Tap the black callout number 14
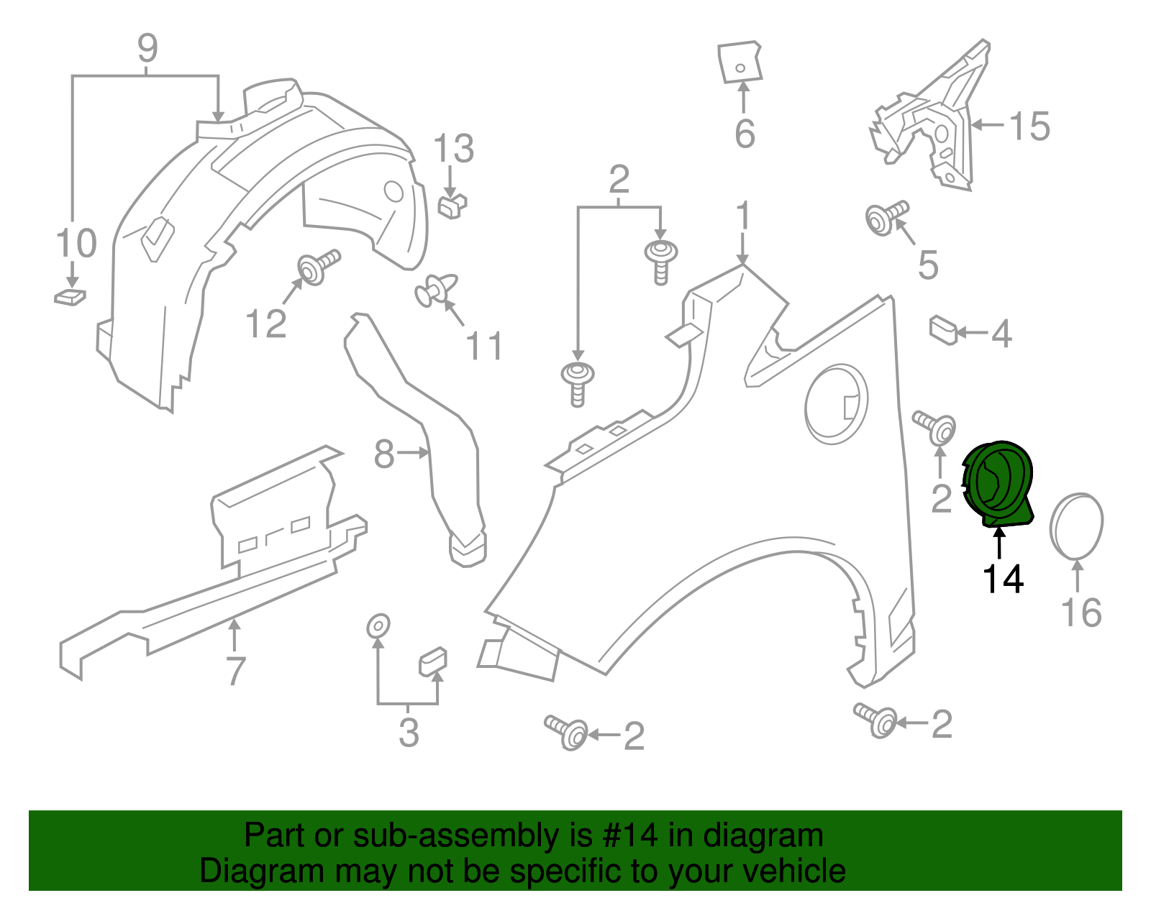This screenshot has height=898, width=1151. [1003, 579]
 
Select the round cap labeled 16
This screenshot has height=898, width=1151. [1077, 526]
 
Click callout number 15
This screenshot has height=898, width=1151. [1030, 127]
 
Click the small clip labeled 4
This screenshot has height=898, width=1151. [943, 330]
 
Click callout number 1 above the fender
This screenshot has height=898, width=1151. [743, 216]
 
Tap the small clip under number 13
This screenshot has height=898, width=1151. [452, 206]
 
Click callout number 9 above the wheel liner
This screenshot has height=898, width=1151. [147, 48]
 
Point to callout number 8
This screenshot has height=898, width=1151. [384, 454]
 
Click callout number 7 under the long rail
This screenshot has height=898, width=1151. [235, 671]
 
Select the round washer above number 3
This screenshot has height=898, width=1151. [378, 626]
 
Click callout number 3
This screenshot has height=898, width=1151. [409, 732]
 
